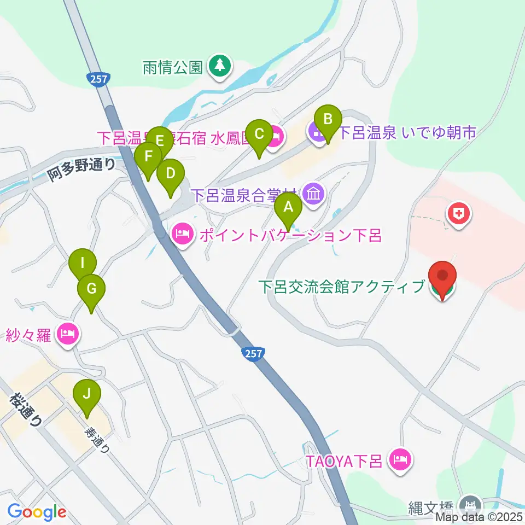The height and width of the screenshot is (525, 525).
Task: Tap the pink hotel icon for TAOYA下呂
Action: [x=399, y=458]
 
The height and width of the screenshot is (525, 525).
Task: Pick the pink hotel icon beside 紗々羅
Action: [x=68, y=334]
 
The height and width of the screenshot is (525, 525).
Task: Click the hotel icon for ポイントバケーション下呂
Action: [x=182, y=235]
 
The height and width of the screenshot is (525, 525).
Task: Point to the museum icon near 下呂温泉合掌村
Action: [x=314, y=194]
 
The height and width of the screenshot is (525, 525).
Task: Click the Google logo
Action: [x=37, y=512]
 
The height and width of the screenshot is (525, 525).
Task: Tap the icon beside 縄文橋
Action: [x=470, y=504]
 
